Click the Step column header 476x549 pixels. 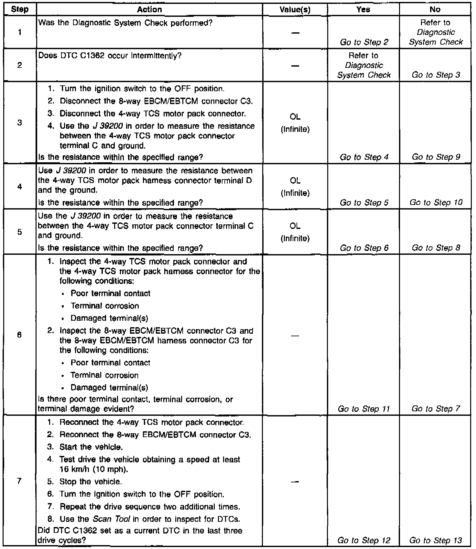point(19,9)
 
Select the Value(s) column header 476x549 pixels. point(295,10)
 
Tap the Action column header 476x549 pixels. point(149,9)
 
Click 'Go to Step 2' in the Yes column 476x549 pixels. point(364,42)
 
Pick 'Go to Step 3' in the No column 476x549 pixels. point(436,75)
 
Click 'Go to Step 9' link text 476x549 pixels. point(436,157)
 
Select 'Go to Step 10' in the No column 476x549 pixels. point(436,202)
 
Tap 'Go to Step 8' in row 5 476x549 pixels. point(436,248)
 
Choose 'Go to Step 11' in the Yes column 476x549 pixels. point(364,409)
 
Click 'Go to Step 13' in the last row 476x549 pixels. point(436,540)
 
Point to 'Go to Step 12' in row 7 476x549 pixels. point(364,540)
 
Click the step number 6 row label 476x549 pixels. point(19,335)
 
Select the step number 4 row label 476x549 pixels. point(19,187)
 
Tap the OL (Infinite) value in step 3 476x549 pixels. point(295,123)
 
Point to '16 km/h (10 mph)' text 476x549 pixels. point(87,469)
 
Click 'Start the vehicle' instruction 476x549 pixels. point(91,447)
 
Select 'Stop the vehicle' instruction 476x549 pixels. point(91,482)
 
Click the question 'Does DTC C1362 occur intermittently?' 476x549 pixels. point(110,56)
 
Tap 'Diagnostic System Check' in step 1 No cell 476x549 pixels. point(436,37)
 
